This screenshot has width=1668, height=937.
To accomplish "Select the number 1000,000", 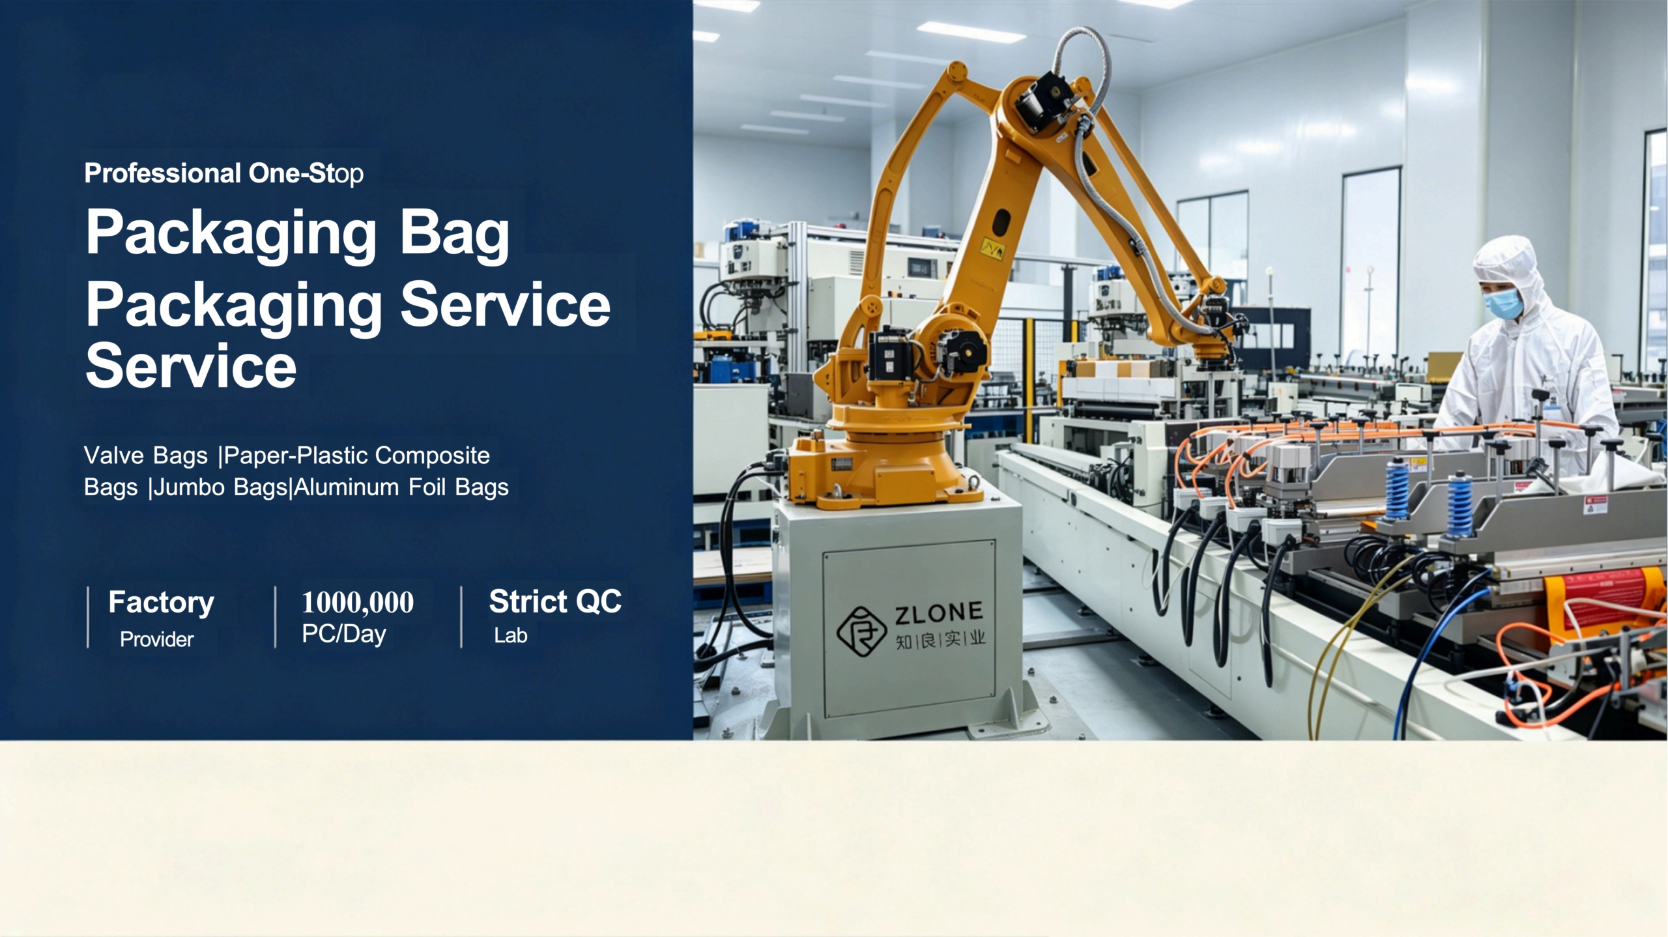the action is [x=358, y=602].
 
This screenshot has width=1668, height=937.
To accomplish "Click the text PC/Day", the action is [x=344, y=635].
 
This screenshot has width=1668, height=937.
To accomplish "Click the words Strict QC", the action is [x=555, y=601].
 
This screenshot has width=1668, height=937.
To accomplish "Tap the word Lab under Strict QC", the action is [x=510, y=635].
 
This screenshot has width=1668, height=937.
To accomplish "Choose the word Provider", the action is [x=156, y=639].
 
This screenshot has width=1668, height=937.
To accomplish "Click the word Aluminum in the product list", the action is [x=347, y=487].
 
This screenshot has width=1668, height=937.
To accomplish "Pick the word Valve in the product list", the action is [x=110, y=455].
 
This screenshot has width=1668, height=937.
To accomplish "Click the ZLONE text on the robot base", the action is [x=938, y=613].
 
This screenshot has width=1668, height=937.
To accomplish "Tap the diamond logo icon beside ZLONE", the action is [x=861, y=630].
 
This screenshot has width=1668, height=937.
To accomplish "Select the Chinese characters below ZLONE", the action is [x=940, y=640].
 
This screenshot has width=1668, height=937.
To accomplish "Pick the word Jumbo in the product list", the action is [x=190, y=487].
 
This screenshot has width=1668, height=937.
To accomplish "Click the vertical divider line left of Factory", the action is [x=88, y=617].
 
